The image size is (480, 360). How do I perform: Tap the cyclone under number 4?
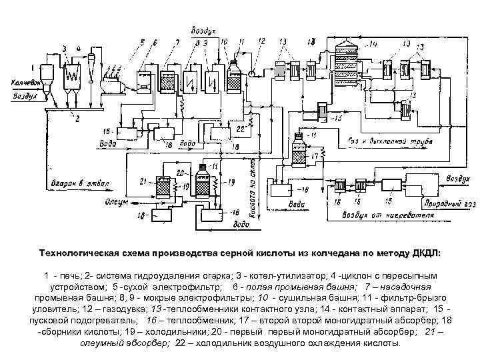[x=90, y=67]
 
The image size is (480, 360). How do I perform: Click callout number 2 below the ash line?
[x=78, y=118]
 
